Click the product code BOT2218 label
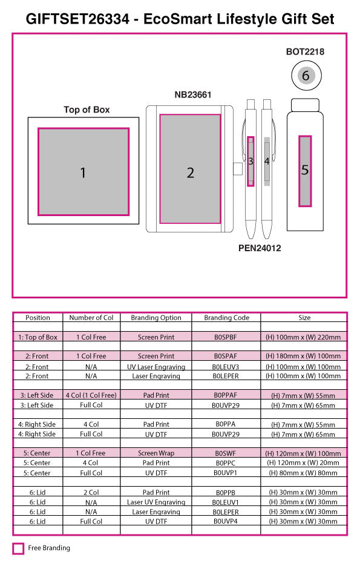305,51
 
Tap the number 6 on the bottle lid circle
306,76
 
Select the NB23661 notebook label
193,94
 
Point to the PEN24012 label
260,248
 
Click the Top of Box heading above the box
87,110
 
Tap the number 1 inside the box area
83,173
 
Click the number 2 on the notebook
191,173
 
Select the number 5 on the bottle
305,170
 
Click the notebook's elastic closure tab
237,169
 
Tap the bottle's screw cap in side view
306,105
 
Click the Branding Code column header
226,318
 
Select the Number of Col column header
91,318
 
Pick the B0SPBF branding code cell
226,337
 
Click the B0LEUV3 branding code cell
226,367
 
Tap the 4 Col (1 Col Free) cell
91,395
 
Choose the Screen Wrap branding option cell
156,453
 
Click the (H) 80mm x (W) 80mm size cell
303,473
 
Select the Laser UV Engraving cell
156,502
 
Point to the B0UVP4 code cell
226,521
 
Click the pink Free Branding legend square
18,548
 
